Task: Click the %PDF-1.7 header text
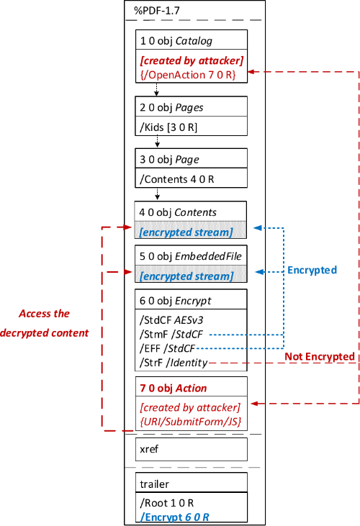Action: (x=157, y=11)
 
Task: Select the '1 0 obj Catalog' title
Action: (x=176, y=41)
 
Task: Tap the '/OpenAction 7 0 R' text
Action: (x=188, y=75)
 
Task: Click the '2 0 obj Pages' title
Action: (x=171, y=107)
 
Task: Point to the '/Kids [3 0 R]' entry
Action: (x=168, y=127)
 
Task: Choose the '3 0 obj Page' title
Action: (x=169, y=159)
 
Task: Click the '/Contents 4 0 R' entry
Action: (x=177, y=179)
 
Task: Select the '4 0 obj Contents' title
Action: (x=178, y=212)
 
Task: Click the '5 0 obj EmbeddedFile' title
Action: (x=191, y=256)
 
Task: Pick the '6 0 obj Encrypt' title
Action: (x=176, y=301)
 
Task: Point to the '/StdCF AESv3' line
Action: (x=171, y=320)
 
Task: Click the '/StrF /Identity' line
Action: (x=174, y=363)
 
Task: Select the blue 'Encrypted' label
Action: (x=312, y=270)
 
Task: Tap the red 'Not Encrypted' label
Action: (x=320, y=356)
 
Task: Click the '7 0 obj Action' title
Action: (x=173, y=388)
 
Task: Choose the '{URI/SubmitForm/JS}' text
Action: (x=191, y=422)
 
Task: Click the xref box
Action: (x=192, y=449)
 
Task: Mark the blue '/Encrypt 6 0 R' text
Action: (x=175, y=517)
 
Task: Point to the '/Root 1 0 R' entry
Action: (x=167, y=503)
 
